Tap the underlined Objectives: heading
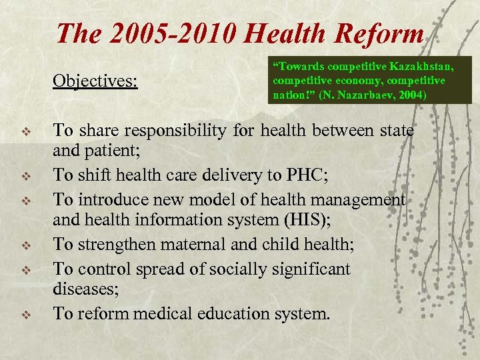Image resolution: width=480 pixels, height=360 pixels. tap(95, 81)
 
